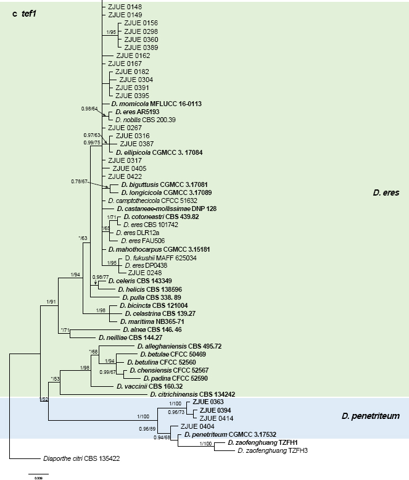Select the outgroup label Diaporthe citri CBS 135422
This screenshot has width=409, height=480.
72,458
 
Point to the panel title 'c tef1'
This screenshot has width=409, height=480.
25,14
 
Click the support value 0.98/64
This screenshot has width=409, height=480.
90,109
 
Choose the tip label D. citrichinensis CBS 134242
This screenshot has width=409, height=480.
192,394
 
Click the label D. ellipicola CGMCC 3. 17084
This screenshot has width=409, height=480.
159,152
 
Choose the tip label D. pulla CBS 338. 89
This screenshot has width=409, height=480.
143,297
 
